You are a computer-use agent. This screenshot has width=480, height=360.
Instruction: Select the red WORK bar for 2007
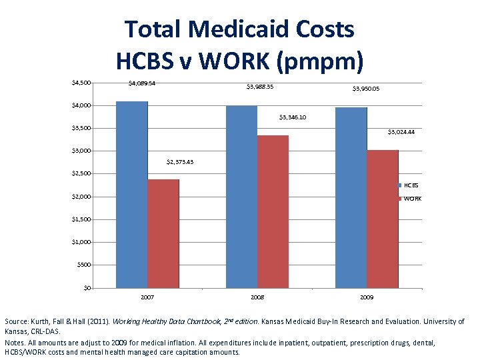(x=163, y=233)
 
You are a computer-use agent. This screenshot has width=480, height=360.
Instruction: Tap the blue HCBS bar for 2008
(x=241, y=197)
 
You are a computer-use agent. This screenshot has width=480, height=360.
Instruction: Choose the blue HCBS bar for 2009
(x=351, y=197)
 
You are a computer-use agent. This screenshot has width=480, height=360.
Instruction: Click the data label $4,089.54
(x=142, y=83)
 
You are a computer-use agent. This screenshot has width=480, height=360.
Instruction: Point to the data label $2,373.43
(x=179, y=162)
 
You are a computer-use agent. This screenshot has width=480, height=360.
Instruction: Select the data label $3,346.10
(x=289, y=117)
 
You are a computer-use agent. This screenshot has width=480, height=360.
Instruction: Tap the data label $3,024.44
(x=401, y=132)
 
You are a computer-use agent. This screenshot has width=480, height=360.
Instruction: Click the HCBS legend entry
(x=409, y=185)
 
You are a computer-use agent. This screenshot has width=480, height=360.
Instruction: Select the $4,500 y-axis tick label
(x=81, y=83)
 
